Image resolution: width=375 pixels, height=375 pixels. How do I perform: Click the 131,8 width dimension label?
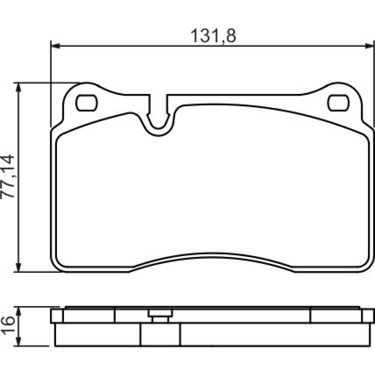(213, 36)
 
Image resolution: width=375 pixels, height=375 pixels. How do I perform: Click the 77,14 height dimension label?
(7, 177)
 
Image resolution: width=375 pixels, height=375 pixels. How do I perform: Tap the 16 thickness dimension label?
(7, 326)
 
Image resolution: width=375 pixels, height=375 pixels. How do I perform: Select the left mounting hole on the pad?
(86, 103)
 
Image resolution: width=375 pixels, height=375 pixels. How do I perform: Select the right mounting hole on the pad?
(338, 103)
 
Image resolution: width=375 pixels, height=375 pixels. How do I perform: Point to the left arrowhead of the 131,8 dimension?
(55, 46)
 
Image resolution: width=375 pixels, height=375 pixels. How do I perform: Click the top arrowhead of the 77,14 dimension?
(18, 87)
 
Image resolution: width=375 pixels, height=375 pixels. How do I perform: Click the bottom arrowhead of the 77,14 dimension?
(18, 267)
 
